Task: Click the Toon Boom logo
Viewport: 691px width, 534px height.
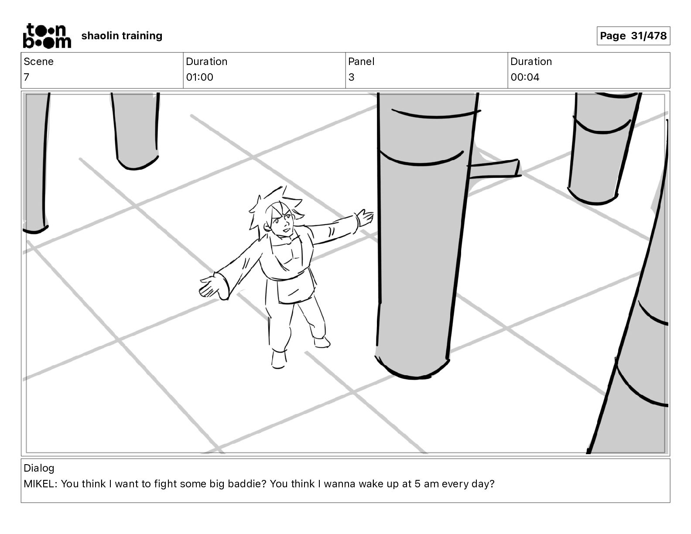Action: pos(47,36)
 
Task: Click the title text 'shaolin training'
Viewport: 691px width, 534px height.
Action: pos(122,36)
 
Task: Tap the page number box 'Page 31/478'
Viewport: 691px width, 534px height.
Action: pos(633,36)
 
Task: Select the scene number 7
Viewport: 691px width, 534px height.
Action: pos(27,77)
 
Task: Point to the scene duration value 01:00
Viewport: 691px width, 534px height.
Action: pos(199,77)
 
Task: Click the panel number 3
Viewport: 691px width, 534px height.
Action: pos(351,77)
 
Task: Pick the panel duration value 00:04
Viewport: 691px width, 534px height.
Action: pos(525,77)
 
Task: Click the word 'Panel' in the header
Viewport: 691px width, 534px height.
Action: pos(361,62)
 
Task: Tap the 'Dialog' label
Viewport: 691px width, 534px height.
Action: pos(39,468)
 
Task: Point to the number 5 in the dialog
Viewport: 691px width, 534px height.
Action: pos(417,484)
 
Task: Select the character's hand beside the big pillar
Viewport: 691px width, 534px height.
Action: pos(365,217)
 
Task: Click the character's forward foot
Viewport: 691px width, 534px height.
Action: pos(278,359)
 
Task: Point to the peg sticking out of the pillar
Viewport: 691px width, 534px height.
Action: pos(495,169)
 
